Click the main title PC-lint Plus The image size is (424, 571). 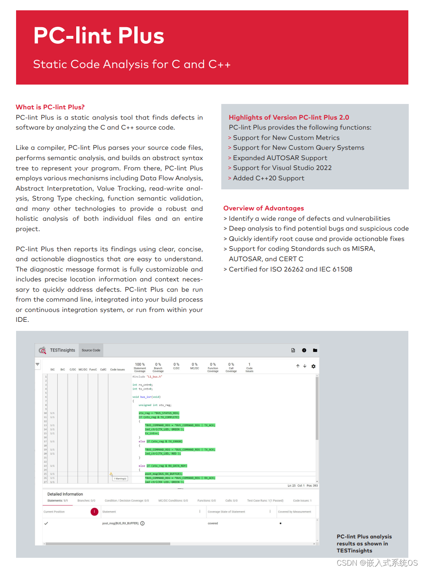coord(98,35)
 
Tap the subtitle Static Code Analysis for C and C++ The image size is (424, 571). coord(131,64)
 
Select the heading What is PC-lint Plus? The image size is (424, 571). coord(50,107)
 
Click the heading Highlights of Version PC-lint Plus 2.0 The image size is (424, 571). coord(288,118)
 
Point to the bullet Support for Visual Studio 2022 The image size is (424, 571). coord(282,168)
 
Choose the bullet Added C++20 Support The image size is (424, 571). coord(268,178)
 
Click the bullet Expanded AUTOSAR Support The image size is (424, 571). coord(280,158)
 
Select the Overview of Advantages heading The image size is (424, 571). coord(263,208)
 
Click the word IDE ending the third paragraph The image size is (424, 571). coord(22,320)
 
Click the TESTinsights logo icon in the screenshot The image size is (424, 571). coord(42,350)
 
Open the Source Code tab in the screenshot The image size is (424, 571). coord(91,350)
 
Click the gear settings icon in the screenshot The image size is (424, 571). coord(313,366)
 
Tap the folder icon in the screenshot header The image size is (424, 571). coord(315,350)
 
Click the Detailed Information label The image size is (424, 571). coord(65,494)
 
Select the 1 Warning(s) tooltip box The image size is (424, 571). coord(120,479)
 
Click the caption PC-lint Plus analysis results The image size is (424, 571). coord(364,543)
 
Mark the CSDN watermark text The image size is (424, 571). coord(377,563)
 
